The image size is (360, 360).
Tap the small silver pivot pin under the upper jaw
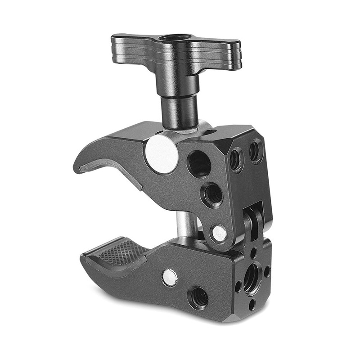point(219,233)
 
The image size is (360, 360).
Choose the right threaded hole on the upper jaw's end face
point(256,151)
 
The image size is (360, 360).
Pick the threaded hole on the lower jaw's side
point(198,297)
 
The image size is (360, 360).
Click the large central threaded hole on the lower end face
point(252,278)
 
